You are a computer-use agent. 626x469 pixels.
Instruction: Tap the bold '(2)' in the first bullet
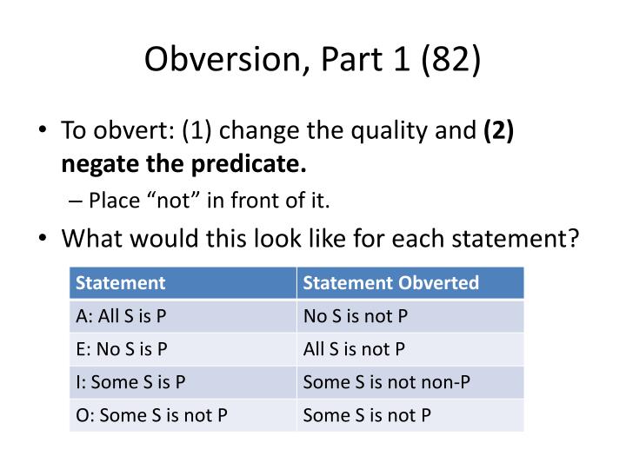tap(499, 131)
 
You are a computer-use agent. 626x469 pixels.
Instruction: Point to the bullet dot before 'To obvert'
tap(43, 132)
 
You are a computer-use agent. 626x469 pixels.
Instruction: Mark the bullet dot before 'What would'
tap(43, 237)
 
